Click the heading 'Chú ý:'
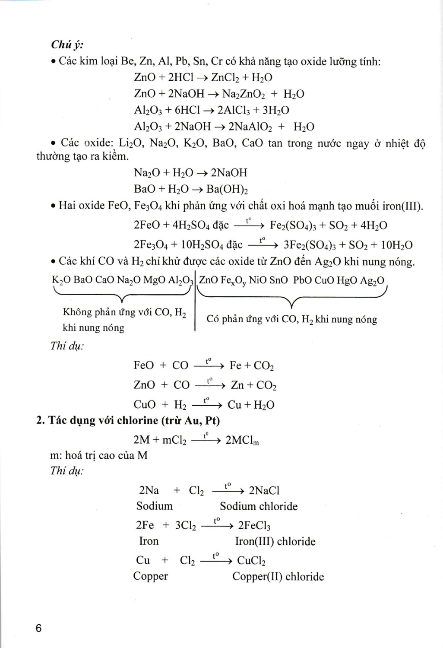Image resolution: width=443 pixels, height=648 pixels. click(x=67, y=44)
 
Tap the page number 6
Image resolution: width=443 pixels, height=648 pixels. click(x=39, y=628)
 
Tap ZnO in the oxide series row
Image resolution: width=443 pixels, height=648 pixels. click(x=209, y=280)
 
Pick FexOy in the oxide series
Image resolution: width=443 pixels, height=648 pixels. click(x=234, y=280)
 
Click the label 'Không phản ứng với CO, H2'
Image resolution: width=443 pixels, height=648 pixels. click(x=124, y=312)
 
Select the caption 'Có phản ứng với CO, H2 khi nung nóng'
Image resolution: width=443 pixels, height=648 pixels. click(x=292, y=319)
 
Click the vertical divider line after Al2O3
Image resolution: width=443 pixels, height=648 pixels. click(x=195, y=302)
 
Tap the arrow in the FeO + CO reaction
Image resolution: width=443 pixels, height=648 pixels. click(x=209, y=365)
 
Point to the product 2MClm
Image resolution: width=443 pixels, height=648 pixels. click(x=242, y=440)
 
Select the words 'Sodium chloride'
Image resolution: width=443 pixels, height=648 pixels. click(x=259, y=506)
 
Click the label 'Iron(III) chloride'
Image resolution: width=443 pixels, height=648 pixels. click(x=275, y=541)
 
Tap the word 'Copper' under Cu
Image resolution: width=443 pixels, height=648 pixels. click(x=150, y=576)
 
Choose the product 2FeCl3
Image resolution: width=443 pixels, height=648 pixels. click(x=254, y=525)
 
